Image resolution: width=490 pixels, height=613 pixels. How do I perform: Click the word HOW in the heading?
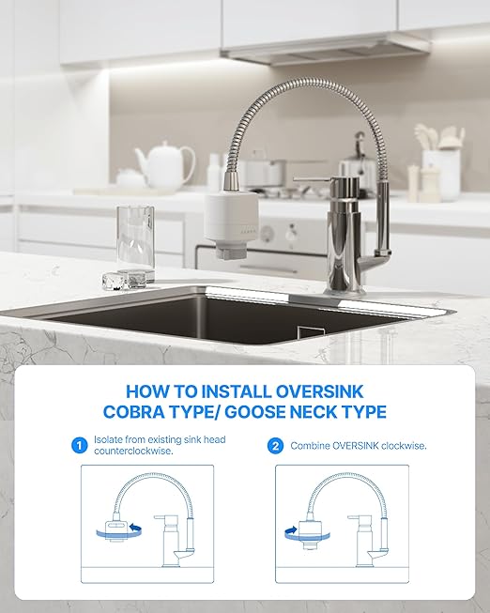click(147, 391)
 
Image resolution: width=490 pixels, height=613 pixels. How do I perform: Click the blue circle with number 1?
click(79, 446)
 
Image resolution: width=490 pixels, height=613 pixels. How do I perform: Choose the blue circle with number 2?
click(275, 446)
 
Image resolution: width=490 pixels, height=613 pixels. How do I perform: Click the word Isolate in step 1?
click(110, 439)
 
